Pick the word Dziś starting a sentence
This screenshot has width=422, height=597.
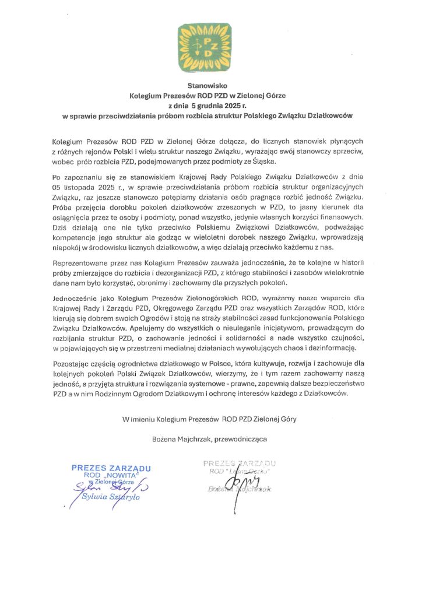pos(60,225)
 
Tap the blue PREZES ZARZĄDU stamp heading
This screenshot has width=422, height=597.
pos(111,468)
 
